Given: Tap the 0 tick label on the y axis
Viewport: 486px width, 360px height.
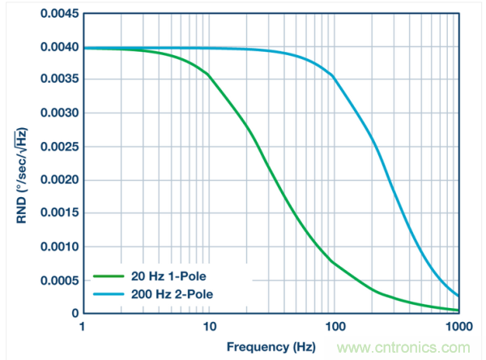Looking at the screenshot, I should point(74,313).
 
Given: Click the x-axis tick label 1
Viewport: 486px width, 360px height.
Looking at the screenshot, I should point(83,326).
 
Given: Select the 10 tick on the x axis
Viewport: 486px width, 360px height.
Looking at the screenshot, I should point(209,326).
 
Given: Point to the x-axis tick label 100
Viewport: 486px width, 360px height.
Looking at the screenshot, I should point(335,326).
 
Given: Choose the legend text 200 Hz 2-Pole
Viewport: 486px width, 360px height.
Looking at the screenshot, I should point(173,293).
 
